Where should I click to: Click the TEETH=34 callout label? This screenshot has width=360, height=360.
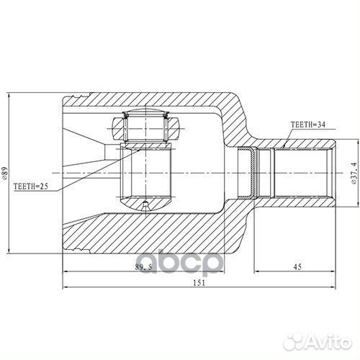coord(308,125)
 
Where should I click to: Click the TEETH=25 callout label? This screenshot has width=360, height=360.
coord(31,186)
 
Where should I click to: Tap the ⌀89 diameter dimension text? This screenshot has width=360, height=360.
coord(5,174)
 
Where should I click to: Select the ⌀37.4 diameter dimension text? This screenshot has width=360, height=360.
coord(354,173)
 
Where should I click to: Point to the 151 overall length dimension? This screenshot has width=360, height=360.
coord(199,283)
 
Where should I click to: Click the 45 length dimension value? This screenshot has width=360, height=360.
coord(297,266)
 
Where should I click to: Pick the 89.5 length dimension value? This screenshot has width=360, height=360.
coord(143,267)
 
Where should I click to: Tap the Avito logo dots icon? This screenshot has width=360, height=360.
coord(293,341)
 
